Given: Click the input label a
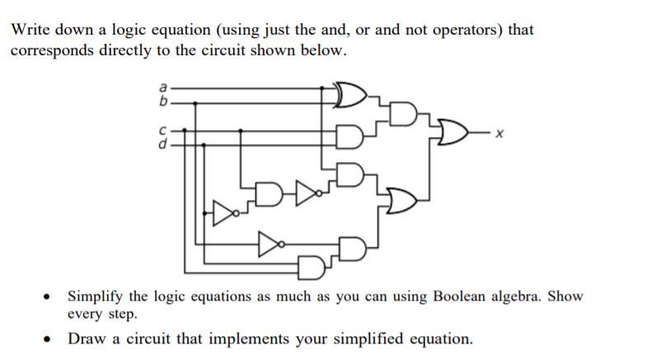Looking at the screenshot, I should [162, 85].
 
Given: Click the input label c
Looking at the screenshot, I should [162, 129].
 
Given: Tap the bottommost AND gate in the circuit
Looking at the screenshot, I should [311, 268].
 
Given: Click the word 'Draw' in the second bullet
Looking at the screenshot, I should [86, 339].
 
